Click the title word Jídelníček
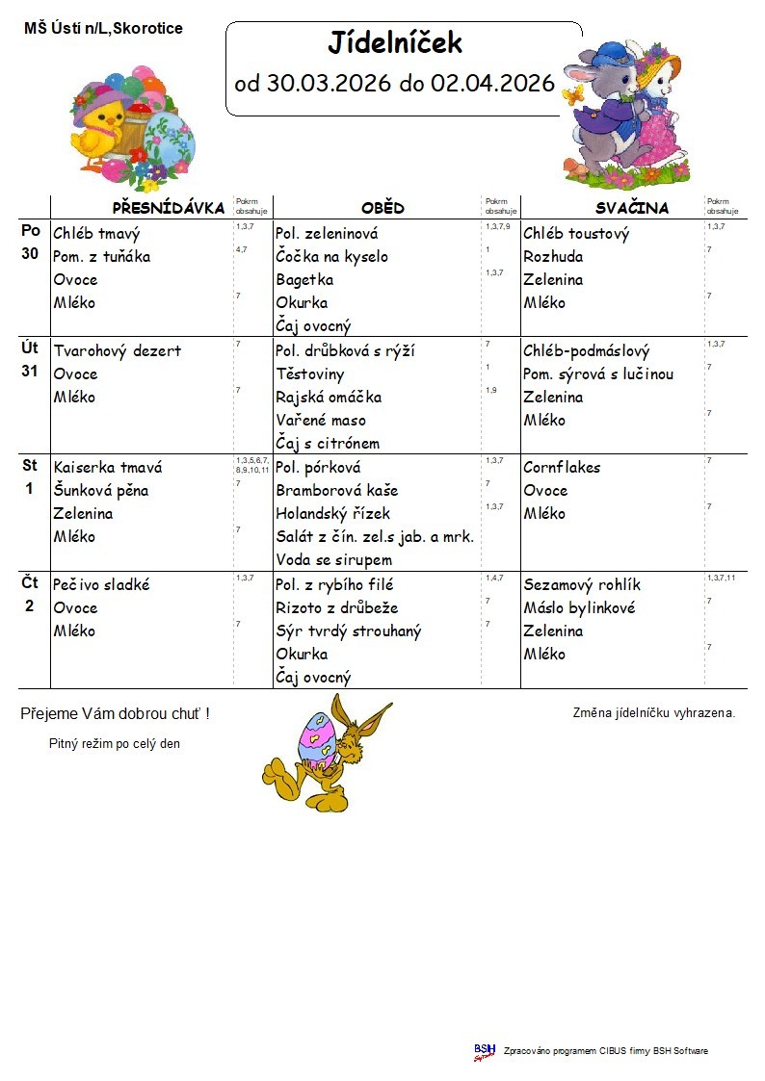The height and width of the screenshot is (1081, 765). pos(395,43)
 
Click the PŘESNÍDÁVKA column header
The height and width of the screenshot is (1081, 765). pos(168,208)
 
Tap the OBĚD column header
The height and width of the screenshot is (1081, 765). pos(382,208)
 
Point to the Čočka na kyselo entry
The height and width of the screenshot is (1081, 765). pos(331,257)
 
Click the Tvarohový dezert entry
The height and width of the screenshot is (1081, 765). pos(117,351)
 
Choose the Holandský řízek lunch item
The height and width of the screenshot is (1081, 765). pos(332,514)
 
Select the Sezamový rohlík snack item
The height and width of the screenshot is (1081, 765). pos(581,585)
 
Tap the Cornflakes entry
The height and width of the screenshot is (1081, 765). pos(562,468)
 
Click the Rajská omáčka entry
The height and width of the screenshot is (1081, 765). pos(328,398)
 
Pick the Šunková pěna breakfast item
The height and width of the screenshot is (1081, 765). pos(101,491)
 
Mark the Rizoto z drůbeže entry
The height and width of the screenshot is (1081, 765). pos(336,608)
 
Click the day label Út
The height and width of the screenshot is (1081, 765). pos(30,349)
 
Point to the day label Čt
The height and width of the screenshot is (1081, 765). pos(30,582)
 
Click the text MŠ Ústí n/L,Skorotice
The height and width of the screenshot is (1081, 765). pos(103,29)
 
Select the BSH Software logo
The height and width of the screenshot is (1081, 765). pos(484,1051)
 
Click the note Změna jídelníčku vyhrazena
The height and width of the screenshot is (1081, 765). pos(653,713)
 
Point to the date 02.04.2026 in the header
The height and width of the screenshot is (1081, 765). pos(492,84)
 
